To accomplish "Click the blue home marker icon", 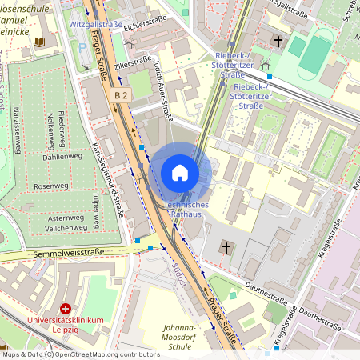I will [x=180, y=173].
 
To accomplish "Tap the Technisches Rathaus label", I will [x=186, y=210].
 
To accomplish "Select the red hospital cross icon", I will [x=66, y=308].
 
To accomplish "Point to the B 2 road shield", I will [x=121, y=95].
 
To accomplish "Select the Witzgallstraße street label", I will [x=96, y=25].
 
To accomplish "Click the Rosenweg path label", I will [x=51, y=186].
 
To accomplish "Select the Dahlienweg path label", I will [x=62, y=157].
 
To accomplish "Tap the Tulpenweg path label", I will [x=96, y=210].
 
